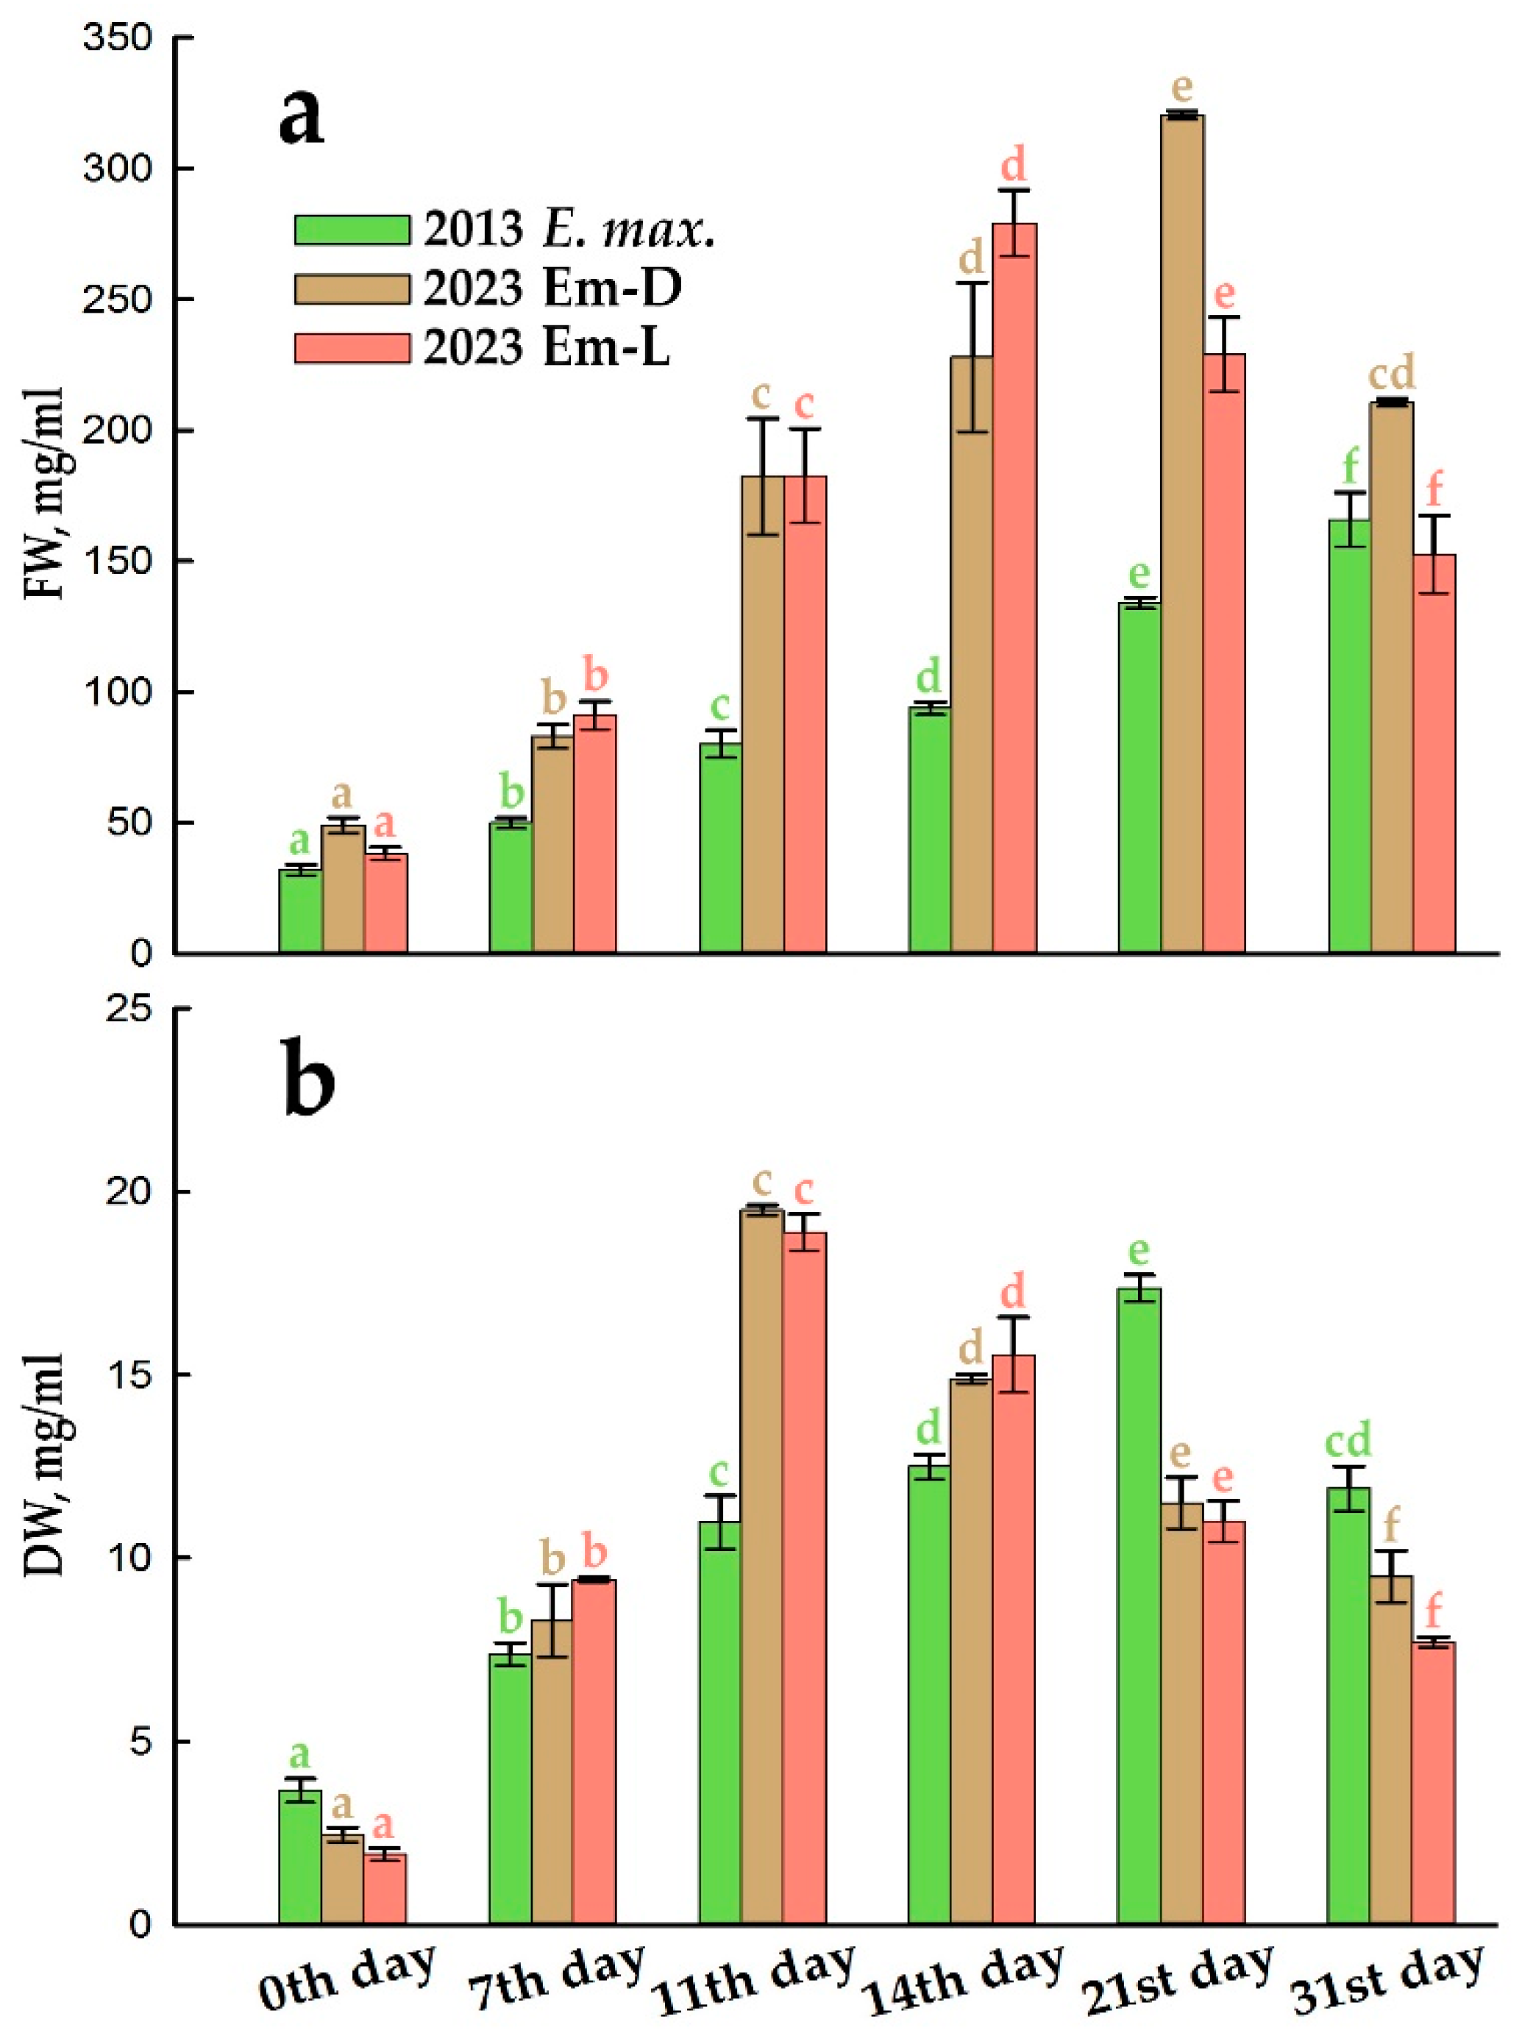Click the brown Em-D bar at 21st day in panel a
[1181, 534]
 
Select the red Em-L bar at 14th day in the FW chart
[1013, 589]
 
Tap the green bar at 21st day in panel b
[1139, 1606]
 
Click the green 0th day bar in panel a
[300, 910]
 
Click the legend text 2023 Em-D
[552, 288]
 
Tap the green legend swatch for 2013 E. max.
[352, 229]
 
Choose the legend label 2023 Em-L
[547, 348]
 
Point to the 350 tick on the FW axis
[120, 39]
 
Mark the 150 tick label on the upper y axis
[120, 561]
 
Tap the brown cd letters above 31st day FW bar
[1391, 373]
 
